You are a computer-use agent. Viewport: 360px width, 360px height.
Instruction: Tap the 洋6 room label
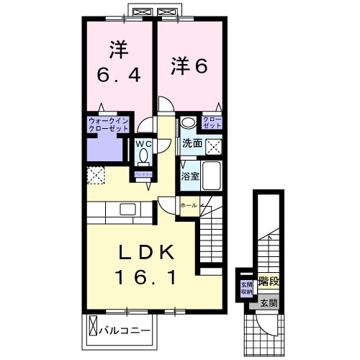[189, 66]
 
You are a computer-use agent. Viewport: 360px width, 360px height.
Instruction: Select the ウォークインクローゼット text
[108, 124]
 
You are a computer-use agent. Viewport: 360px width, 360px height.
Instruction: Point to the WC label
[143, 142]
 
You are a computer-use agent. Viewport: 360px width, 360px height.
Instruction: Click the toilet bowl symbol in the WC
[143, 155]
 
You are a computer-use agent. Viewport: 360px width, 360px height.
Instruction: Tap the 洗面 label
[191, 143]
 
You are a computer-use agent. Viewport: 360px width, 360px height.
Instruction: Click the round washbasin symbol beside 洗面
[188, 122]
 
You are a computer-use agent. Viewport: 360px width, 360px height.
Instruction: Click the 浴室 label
[189, 175]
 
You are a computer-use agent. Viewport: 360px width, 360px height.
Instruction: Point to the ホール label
[188, 205]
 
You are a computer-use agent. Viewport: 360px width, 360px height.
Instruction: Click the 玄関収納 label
[245, 287]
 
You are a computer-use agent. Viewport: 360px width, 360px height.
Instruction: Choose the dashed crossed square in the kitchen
[95, 175]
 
